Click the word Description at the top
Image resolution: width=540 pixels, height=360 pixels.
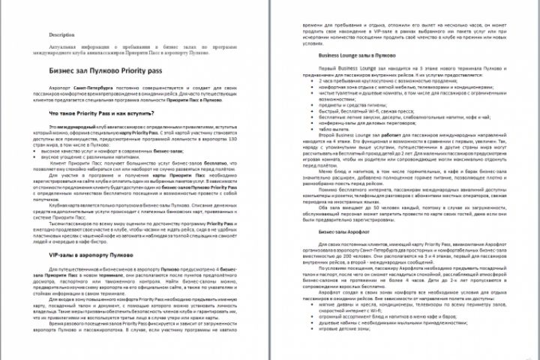[62, 35]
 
